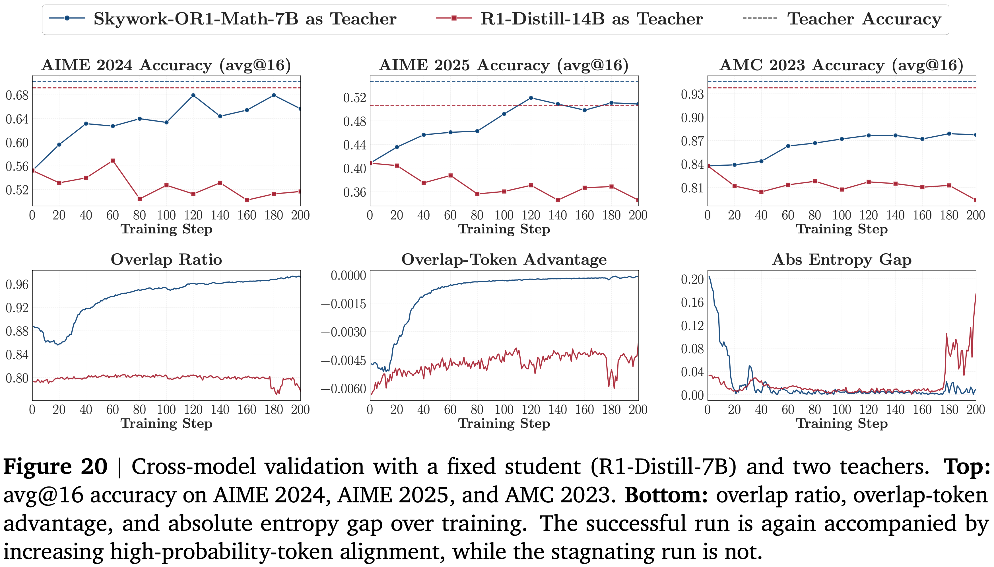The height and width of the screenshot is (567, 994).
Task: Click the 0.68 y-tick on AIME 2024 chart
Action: [17, 95]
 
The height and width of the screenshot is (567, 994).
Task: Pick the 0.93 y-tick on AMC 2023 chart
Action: [692, 94]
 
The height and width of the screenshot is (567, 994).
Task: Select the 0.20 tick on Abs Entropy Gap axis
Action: [692, 279]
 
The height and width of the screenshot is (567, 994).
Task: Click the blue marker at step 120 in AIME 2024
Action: [193, 95]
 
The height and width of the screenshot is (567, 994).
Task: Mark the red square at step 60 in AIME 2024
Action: [113, 161]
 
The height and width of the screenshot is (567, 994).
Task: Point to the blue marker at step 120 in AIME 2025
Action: [531, 98]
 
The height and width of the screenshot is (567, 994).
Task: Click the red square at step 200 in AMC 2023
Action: [975, 200]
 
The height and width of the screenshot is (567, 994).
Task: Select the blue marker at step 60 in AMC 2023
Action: [788, 146]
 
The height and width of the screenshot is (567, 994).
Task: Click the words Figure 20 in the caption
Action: [55, 467]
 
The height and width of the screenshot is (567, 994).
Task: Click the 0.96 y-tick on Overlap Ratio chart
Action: [17, 285]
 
